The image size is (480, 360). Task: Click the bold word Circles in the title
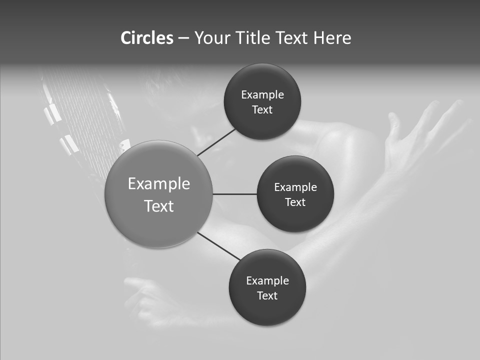pos(147,38)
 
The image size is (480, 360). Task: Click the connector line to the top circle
pos(216,142)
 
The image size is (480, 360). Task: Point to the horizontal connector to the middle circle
pos(235,194)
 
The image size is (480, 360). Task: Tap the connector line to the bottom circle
pos(218,246)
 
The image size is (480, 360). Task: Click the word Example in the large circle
pos(159,184)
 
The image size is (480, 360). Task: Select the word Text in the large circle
pos(159,206)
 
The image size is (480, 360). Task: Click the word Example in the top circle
pos(262,95)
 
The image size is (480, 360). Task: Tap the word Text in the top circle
pos(262,110)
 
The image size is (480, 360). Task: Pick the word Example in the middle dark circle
pos(295,187)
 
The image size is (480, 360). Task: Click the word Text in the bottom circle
pos(267,296)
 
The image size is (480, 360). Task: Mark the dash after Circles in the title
pos(183,38)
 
